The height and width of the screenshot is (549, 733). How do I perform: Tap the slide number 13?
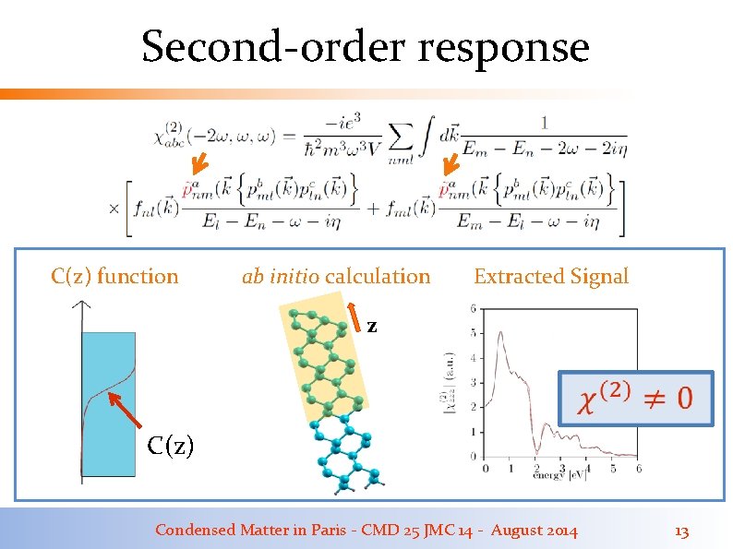(682, 531)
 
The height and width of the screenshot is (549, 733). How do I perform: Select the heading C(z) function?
(114, 276)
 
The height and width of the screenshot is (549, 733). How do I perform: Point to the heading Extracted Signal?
(550, 276)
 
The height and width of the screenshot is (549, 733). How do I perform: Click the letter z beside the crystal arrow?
(371, 326)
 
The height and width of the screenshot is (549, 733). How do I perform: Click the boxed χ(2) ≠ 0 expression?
(634, 398)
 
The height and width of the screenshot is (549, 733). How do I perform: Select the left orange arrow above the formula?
(198, 166)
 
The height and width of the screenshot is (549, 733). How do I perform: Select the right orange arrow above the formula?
(449, 166)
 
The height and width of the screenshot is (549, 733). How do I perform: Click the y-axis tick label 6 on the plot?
(474, 308)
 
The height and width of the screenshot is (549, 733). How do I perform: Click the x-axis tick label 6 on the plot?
(639, 468)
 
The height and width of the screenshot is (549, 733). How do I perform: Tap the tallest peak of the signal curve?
(499, 332)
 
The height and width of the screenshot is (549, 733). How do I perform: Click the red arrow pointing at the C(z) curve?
(126, 412)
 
